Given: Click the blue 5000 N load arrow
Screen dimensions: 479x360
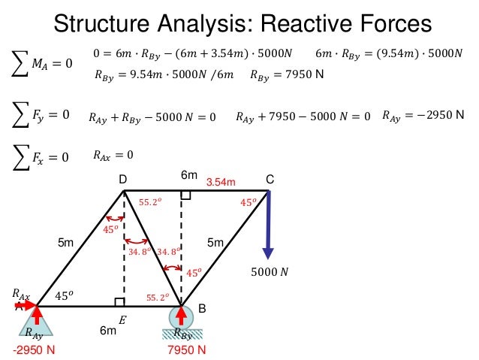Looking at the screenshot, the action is (268, 225).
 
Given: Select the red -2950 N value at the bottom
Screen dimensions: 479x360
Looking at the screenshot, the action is (34, 350).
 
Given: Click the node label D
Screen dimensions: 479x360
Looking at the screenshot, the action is (122, 180).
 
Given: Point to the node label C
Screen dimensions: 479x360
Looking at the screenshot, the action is (270, 179).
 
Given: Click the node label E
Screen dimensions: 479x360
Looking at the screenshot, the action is (122, 319).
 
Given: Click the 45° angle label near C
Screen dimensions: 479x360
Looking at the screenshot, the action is (248, 202).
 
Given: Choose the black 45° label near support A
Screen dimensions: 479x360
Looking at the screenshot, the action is (65, 295).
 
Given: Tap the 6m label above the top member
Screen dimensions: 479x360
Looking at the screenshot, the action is (188, 175).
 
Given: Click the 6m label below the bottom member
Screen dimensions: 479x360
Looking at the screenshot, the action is (107, 330).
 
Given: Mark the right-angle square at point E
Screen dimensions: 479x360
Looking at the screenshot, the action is (119, 301).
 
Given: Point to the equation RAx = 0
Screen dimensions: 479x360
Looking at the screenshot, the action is (113, 156).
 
